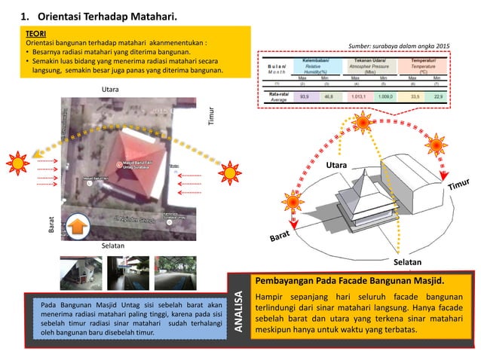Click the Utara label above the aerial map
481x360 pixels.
[x=111, y=90]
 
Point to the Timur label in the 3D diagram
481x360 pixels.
[x=455, y=186]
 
